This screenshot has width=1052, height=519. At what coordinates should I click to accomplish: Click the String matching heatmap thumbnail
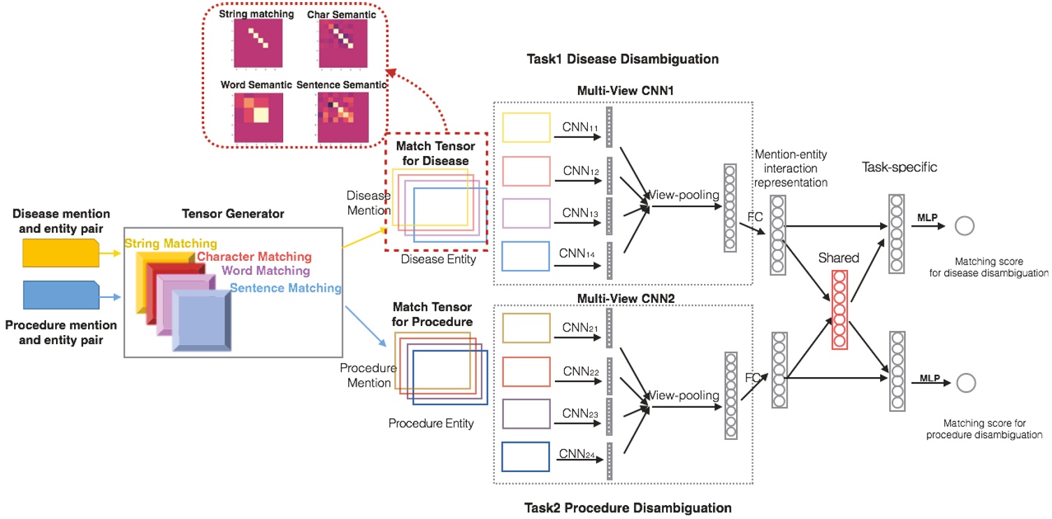(x=258, y=43)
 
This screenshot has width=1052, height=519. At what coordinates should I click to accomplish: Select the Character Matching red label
(x=254, y=257)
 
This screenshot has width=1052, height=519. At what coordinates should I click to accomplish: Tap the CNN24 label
(x=578, y=455)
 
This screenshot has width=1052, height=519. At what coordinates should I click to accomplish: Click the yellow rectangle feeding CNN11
(x=526, y=127)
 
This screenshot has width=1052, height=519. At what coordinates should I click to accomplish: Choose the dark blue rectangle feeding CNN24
(x=526, y=456)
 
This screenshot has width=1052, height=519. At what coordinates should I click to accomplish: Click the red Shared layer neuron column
(x=840, y=308)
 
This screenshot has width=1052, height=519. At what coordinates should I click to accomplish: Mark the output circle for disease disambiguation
(x=965, y=226)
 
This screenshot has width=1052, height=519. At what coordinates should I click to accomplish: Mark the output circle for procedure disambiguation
(x=966, y=383)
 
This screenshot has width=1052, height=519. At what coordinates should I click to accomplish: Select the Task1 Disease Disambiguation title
(x=622, y=59)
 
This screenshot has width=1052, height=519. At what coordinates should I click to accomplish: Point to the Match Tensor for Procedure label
(x=432, y=314)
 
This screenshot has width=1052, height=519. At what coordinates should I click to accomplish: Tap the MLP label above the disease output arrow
(x=928, y=218)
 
